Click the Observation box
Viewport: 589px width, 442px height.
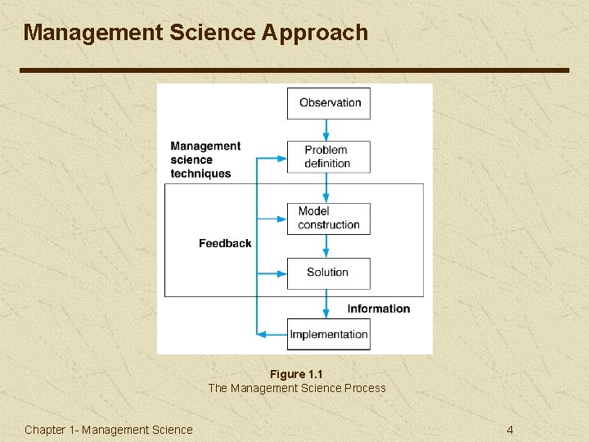pyautogui.click(x=328, y=103)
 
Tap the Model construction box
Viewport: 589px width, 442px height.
pyautogui.click(x=328, y=219)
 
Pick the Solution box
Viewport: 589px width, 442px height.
pyautogui.click(x=328, y=273)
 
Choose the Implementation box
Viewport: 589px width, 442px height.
pyautogui.click(x=328, y=334)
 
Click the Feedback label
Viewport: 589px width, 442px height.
pyautogui.click(x=225, y=243)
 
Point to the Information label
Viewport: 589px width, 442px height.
pyautogui.click(x=378, y=309)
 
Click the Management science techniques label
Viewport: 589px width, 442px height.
pyautogui.click(x=205, y=160)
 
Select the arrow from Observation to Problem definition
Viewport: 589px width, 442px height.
pyautogui.click(x=326, y=129)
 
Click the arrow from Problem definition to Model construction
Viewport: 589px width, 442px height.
pyautogui.click(x=326, y=187)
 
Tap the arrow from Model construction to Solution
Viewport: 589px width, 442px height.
pyautogui.click(x=326, y=246)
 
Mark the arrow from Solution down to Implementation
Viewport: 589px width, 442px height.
pyautogui.click(x=326, y=304)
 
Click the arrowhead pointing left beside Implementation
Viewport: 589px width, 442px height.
pyautogui.click(x=263, y=334)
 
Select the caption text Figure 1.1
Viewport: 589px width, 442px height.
pyautogui.click(x=296, y=374)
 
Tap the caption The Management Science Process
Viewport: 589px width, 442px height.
pyautogui.click(x=296, y=388)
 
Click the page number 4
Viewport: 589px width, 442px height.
pyautogui.click(x=510, y=430)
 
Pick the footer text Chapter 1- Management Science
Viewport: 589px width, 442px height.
pyautogui.click(x=109, y=430)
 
